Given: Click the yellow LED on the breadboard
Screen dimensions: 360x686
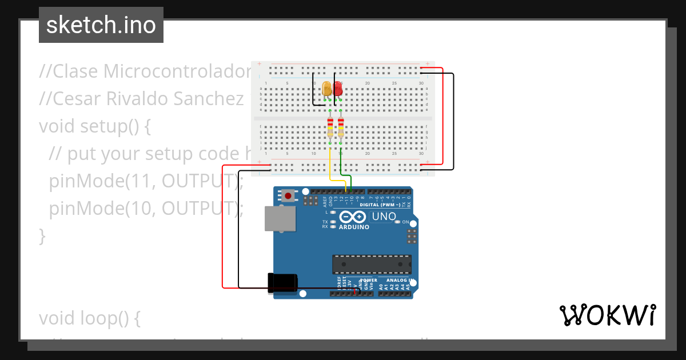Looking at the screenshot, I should coord(327,89).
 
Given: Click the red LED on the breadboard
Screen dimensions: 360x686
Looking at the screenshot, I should coord(338,89).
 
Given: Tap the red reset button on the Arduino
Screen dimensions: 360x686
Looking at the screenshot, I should coord(288,196).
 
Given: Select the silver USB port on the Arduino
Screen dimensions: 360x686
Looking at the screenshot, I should coord(280,218).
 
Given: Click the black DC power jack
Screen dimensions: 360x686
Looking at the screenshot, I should coord(282,283).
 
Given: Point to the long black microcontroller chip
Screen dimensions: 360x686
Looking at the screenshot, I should coord(372,264).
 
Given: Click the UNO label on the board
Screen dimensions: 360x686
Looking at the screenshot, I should coord(383,217).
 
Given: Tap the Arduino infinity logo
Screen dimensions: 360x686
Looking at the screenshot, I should coord(354,217).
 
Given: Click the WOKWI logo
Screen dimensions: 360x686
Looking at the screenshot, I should coord(607,315).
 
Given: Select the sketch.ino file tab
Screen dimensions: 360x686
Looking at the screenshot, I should coord(101,25).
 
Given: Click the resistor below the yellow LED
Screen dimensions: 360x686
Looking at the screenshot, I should coord(330,127).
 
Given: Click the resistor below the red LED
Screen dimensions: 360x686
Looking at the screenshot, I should coord(341,127).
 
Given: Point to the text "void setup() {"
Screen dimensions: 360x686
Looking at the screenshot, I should coord(95,125).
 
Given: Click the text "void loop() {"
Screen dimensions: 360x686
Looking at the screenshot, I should coord(89,318).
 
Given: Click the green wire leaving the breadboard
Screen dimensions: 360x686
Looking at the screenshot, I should coord(341,166).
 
